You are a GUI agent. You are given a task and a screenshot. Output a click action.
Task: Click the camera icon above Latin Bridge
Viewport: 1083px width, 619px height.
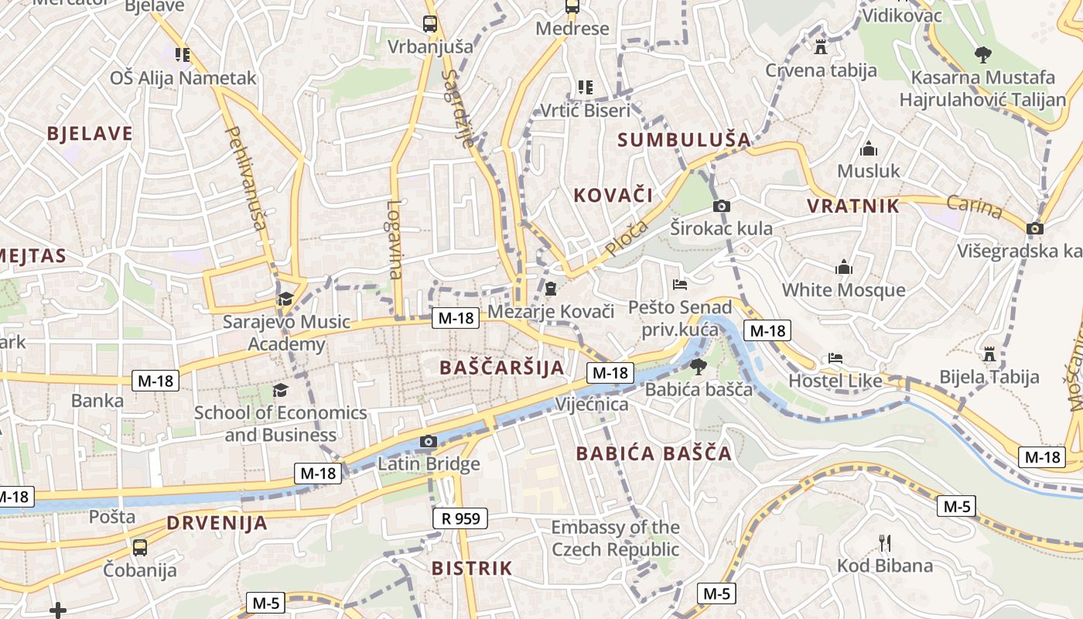pos(428,442)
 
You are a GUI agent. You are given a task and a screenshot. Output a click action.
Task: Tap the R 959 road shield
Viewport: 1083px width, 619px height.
pos(460,518)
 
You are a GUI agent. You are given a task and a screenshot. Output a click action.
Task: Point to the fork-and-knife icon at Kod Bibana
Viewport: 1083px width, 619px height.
pos(885,542)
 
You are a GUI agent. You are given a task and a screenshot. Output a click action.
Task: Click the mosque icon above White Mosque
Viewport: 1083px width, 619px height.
pos(843,268)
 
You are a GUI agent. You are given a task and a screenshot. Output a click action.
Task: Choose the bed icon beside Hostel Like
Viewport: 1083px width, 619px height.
pos(835,358)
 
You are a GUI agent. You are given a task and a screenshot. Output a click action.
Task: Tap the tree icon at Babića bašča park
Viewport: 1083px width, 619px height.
pos(698,366)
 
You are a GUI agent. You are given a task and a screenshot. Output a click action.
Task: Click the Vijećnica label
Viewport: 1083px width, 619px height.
pos(592,404)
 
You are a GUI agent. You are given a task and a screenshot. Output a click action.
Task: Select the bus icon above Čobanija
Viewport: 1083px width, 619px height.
pos(140,548)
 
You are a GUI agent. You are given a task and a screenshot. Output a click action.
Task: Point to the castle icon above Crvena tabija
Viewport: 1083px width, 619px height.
pos(821,47)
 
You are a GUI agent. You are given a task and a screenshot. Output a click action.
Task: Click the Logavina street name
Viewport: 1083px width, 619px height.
pos(395,240)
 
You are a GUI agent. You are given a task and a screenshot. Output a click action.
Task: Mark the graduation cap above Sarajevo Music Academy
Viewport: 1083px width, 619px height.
pos(285,299)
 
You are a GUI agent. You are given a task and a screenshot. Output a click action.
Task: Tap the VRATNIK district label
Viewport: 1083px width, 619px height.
pos(853,206)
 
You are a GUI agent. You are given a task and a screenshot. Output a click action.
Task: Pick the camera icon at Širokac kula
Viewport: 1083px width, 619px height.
pos(721,206)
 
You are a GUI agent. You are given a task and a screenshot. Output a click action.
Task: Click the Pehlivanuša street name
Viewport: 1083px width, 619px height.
pos(245,177)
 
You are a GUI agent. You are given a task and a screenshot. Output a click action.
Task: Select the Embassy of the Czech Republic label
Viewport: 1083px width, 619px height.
pos(615,539)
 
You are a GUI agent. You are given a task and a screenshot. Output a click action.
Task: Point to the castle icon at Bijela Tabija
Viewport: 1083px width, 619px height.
pos(989,355)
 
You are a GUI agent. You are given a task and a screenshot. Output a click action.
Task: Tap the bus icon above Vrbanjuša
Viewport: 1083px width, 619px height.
pos(430,24)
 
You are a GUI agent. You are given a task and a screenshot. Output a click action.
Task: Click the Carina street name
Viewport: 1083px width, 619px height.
pos(975,207)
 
